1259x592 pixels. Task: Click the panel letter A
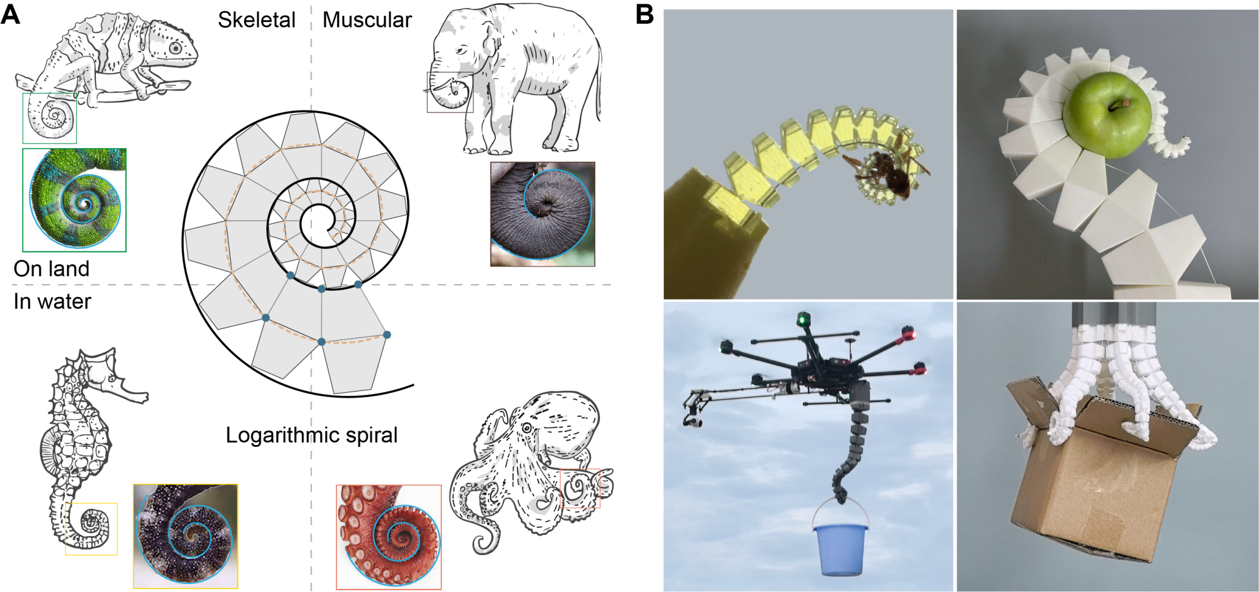10,15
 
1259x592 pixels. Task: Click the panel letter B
644,15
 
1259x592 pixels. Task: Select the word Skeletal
256,20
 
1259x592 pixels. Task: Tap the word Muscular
367,20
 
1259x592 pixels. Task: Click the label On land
52,269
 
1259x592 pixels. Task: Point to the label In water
52,301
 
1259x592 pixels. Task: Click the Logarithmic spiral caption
312,435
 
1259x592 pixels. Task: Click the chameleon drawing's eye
176,48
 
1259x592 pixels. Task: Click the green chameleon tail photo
74,200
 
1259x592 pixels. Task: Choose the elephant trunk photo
542,214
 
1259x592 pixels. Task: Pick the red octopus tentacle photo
389,537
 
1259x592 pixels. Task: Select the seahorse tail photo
185,536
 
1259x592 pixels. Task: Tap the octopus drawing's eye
527,427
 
